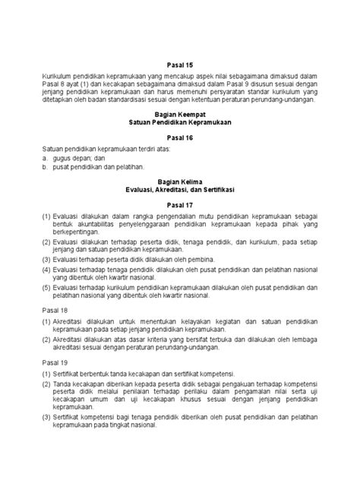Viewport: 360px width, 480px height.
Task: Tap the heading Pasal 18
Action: [55, 311]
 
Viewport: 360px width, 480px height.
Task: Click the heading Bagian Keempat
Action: [180, 112]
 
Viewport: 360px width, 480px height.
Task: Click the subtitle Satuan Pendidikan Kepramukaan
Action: [180, 121]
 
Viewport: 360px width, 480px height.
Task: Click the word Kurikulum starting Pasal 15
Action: [58, 76]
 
